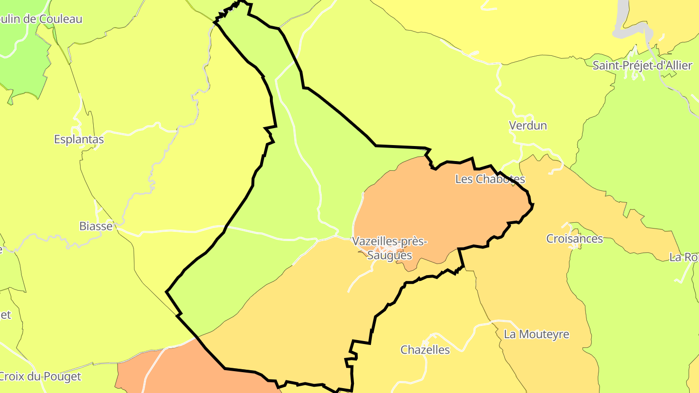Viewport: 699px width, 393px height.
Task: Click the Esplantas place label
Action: pyautogui.click(x=79, y=140)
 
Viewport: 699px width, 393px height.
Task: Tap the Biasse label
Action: pyautogui.click(x=96, y=226)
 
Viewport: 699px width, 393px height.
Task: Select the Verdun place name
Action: pyautogui.click(x=528, y=126)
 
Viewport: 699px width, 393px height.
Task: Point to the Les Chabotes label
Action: pyautogui.click(x=490, y=179)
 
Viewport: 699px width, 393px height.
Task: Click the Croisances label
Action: pyautogui.click(x=574, y=239)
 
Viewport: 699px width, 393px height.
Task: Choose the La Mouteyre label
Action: pyautogui.click(x=536, y=334)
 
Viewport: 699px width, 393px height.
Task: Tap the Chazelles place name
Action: pyautogui.click(x=425, y=350)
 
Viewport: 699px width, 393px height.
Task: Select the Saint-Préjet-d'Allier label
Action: pyautogui.click(x=642, y=65)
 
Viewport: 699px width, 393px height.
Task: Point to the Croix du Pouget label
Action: pyautogui.click(x=40, y=377)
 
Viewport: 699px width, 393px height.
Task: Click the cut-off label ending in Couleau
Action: pyautogui.click(x=41, y=19)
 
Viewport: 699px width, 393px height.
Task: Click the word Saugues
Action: pyautogui.click(x=389, y=255)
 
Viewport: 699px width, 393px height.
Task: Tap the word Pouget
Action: pyautogui.click(x=62, y=377)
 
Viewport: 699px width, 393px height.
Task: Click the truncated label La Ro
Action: pyautogui.click(x=683, y=257)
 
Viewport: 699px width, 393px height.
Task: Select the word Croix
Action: pyautogui.click(x=12, y=377)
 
